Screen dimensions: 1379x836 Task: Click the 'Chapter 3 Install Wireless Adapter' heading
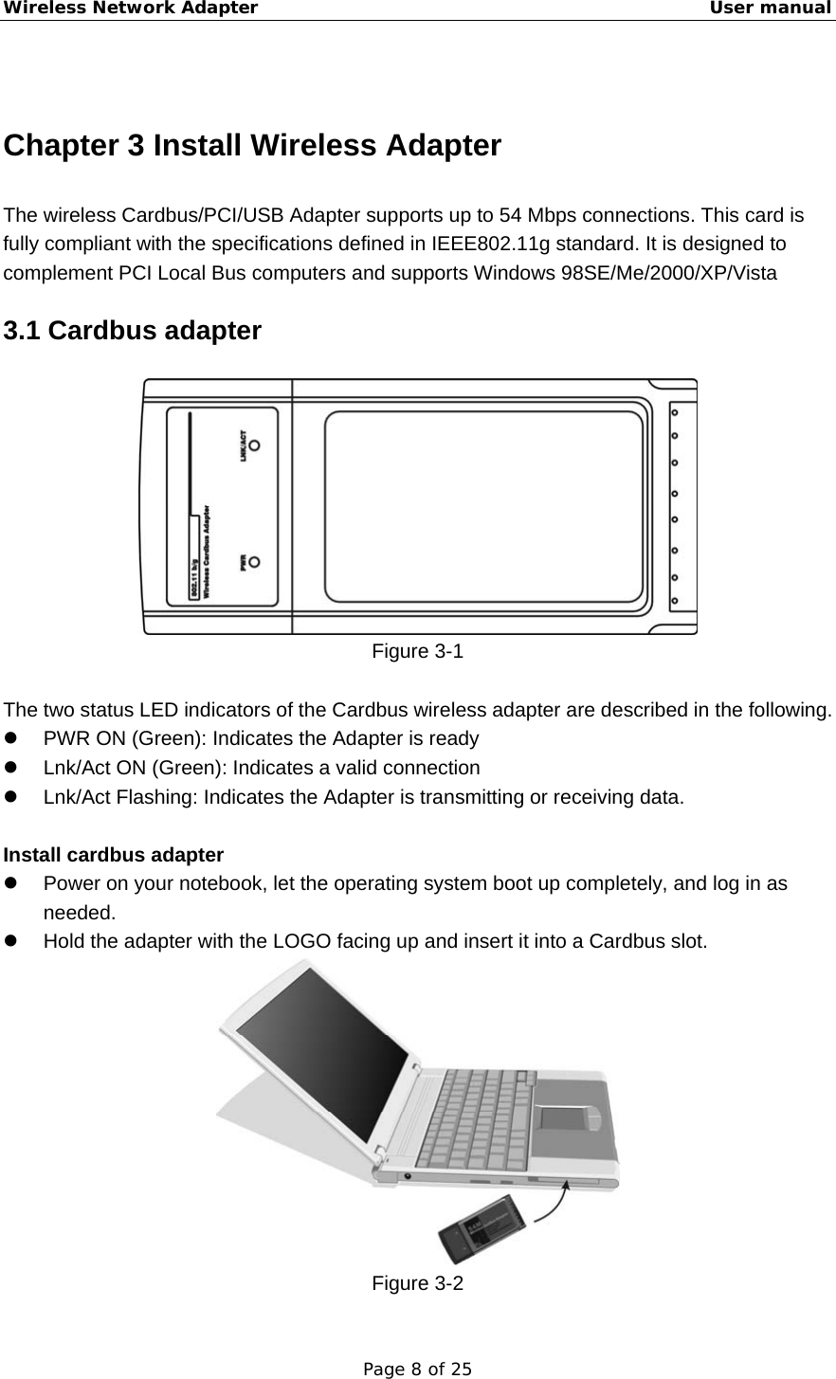pyautogui.click(x=252, y=146)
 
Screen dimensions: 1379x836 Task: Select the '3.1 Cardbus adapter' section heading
pyautogui.click(x=133, y=331)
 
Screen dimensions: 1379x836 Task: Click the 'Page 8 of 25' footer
pyautogui.click(x=418, y=1369)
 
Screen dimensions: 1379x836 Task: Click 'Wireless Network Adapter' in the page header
pyautogui.click(x=130, y=9)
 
